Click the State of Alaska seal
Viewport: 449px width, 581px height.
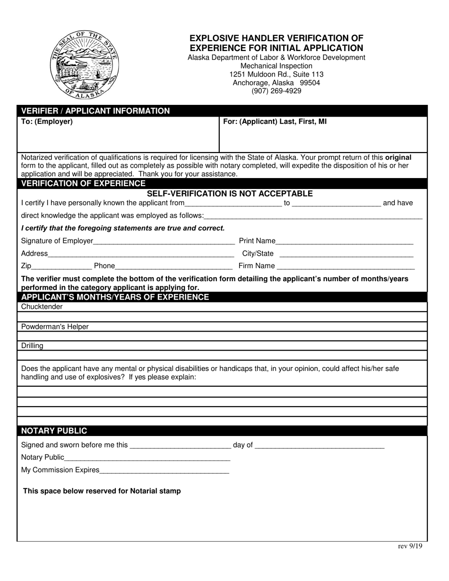click(x=85, y=65)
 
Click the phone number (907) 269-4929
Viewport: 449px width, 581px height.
click(x=276, y=91)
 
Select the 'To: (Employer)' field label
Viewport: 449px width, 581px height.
click(x=47, y=121)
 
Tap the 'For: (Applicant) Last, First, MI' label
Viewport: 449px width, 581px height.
click(x=275, y=121)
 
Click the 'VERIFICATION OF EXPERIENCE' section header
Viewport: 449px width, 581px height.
click(x=83, y=183)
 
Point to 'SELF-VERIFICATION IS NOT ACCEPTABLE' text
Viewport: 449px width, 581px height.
click(x=230, y=194)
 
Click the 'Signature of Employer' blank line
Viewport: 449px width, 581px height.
click(x=164, y=242)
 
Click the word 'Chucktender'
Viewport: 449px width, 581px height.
click(x=42, y=307)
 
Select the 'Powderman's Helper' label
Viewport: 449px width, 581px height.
click(x=55, y=327)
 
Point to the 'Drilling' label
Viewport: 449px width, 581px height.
click(x=32, y=346)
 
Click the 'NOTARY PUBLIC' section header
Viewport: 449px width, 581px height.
click(x=54, y=431)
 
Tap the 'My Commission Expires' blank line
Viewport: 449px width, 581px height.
click(x=164, y=470)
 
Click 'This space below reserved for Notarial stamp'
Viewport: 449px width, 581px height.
click(x=102, y=491)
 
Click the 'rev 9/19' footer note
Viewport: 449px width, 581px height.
click(x=410, y=546)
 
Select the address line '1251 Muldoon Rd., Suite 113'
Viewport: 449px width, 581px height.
click(x=276, y=75)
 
